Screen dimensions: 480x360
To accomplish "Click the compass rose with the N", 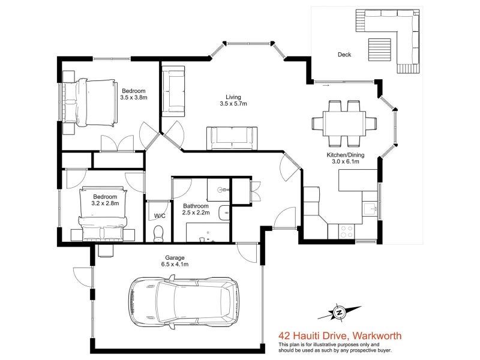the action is (x=339, y=313).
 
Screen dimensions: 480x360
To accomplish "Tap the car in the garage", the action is (x=184, y=302).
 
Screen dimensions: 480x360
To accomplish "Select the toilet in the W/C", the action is (x=158, y=233).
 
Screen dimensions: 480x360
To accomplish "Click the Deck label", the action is (x=344, y=55).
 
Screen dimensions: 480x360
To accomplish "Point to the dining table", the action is (x=344, y=124).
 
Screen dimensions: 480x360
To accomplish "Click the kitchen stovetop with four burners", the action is (x=347, y=232).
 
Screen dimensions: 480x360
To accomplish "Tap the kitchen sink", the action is (x=370, y=208).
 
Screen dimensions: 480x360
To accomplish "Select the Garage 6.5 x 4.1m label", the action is (x=175, y=261).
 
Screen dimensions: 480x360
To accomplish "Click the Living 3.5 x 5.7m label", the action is (x=233, y=100).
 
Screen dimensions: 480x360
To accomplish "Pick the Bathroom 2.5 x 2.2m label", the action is (x=196, y=209).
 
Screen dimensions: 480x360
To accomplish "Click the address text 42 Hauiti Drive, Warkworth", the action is (x=340, y=336).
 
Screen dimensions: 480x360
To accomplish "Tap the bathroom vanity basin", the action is (x=224, y=212).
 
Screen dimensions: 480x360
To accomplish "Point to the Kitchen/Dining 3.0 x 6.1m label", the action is (x=346, y=158).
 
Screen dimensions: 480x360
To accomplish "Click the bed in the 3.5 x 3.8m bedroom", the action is (x=91, y=103).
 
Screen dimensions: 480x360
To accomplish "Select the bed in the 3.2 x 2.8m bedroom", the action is (x=103, y=214).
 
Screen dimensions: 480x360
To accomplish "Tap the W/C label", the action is (x=160, y=216).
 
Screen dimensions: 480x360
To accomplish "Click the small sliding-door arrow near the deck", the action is (x=326, y=85).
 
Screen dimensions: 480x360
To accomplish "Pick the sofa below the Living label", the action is (x=232, y=139).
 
